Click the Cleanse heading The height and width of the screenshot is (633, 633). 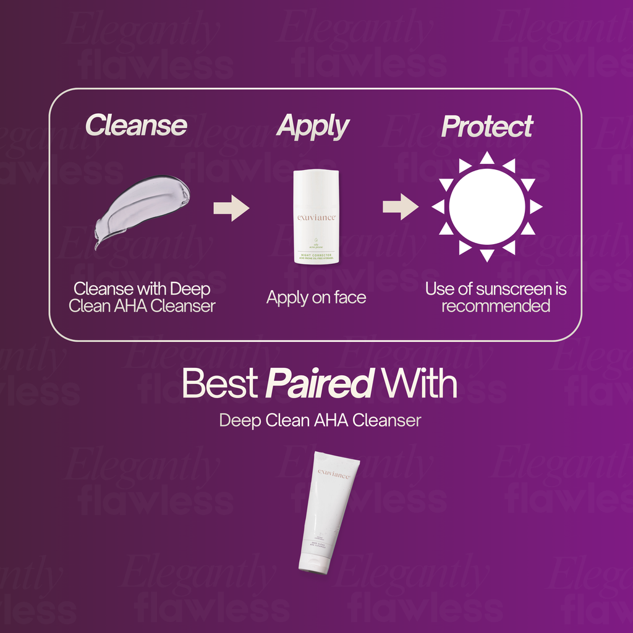tap(136, 125)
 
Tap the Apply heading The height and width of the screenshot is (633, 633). tap(313, 127)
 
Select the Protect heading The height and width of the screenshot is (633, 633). tap(486, 127)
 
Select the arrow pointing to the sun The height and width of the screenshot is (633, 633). tap(400, 206)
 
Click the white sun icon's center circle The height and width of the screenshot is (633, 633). tap(486, 206)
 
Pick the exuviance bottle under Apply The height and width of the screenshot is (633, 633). tap(316, 216)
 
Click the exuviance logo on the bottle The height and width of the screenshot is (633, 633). tap(316, 218)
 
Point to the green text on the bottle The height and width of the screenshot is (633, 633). tap(316, 256)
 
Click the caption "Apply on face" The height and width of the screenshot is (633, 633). tap(316, 297)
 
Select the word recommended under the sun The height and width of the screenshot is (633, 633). tap(495, 306)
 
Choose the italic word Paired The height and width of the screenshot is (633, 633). tap(318, 384)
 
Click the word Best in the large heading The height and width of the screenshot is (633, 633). tap(219, 384)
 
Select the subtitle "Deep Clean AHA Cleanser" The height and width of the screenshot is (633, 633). tap(320, 420)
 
